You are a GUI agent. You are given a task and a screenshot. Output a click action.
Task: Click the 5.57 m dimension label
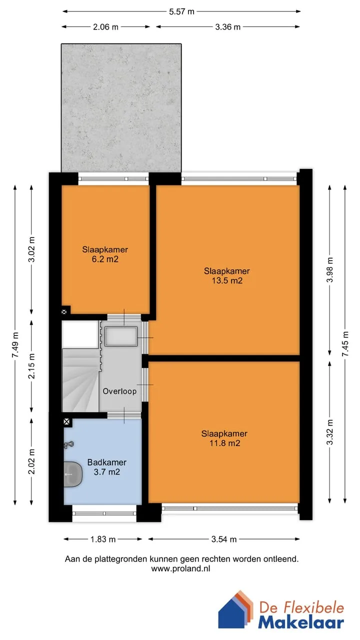tap(181, 11)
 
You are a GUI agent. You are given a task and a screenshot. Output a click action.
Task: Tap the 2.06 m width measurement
tap(105, 27)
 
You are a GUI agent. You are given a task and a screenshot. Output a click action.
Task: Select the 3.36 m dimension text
tap(227, 27)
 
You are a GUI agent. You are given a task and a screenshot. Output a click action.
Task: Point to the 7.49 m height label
tap(15, 344)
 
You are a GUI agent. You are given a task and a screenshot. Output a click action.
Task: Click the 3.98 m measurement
tap(330, 269)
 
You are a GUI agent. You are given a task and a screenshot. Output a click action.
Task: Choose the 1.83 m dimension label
tap(103, 539)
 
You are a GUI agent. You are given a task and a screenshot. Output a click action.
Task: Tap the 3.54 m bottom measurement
tap(224, 539)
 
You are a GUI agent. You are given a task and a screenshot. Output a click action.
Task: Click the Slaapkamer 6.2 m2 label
tap(105, 254)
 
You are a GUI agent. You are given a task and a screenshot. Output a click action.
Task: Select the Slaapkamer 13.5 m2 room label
tap(227, 275)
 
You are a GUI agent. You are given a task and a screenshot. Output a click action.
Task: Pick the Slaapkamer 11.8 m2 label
tap(224, 438)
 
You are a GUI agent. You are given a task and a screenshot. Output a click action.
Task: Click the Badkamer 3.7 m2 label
tap(107, 467)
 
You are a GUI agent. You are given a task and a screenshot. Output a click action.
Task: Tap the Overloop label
tap(119, 391)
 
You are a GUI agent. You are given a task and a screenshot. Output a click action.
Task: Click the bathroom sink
tap(73, 474)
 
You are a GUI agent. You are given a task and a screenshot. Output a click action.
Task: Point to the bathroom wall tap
tap(68, 444)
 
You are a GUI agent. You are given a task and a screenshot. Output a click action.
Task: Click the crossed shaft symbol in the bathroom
tap(66, 421)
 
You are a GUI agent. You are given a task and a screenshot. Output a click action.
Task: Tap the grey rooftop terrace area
tap(121, 107)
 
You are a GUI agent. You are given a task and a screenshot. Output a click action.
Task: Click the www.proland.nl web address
tap(180, 568)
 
